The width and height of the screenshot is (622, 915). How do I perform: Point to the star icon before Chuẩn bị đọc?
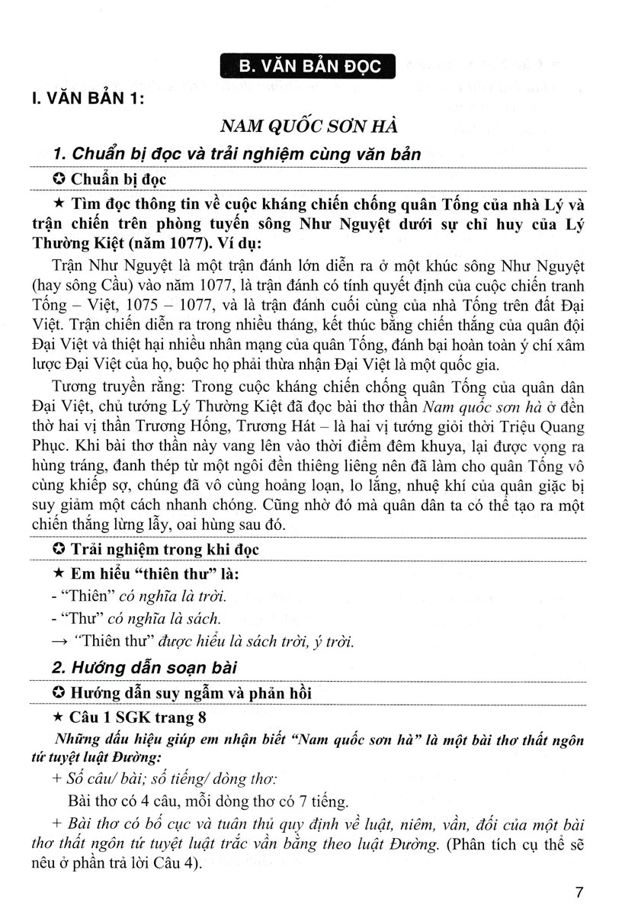tap(56, 181)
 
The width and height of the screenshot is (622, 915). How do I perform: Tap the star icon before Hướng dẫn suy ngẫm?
tap(56, 692)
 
